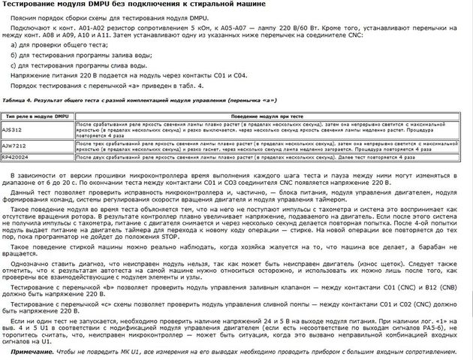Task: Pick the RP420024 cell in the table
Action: click(17, 157)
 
